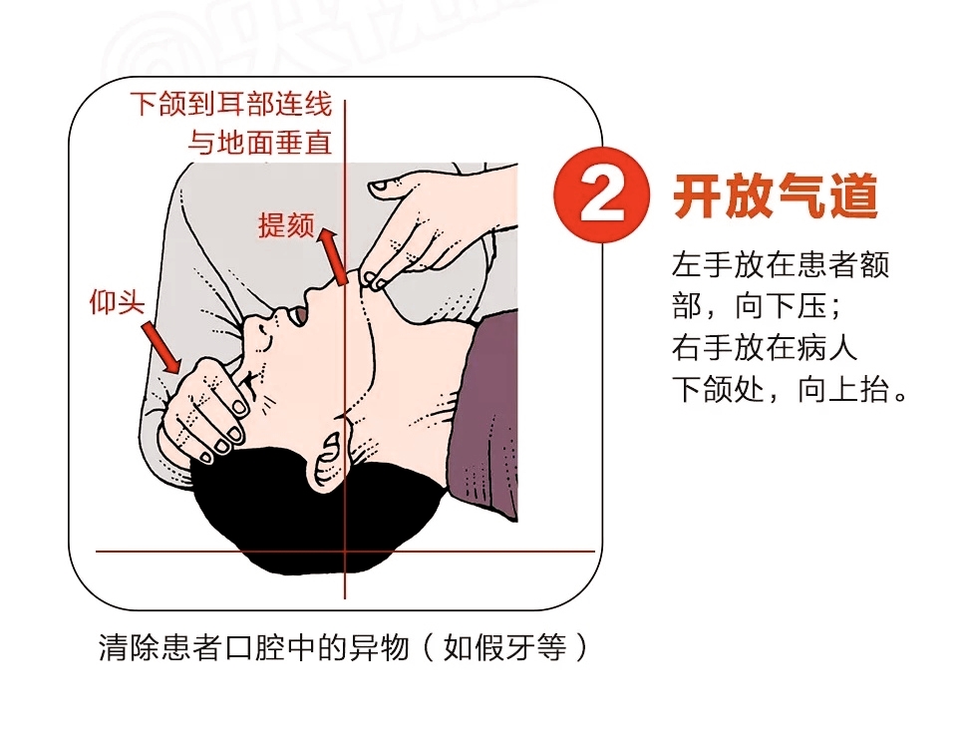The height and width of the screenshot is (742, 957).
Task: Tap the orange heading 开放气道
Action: [x=776, y=196]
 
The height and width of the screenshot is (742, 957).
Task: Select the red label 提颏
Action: [x=286, y=226]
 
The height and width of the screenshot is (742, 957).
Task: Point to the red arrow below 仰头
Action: [x=161, y=346]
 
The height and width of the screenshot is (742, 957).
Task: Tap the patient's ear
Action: [x=326, y=460]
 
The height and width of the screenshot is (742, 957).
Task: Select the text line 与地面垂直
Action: [x=259, y=143]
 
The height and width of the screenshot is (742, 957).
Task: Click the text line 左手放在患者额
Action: [x=781, y=265]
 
